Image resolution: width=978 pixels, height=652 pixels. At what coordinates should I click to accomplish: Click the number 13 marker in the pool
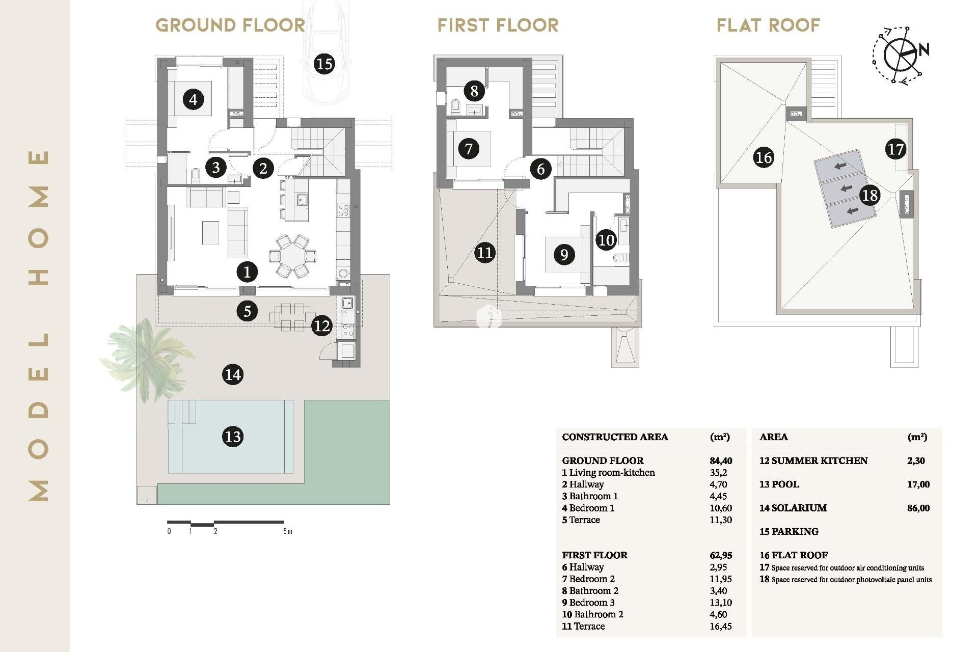point(233,437)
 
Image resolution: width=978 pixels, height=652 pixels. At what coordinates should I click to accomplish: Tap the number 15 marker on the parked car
point(324,64)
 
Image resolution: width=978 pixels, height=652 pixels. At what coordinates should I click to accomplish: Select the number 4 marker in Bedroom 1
point(193,99)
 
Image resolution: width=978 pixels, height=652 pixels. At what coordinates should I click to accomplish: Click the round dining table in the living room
point(292,256)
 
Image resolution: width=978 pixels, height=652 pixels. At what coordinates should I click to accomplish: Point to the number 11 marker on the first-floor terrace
point(484,253)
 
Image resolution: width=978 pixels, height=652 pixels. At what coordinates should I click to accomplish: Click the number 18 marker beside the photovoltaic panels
point(870,195)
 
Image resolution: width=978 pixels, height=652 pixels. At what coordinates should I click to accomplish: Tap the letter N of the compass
point(924,50)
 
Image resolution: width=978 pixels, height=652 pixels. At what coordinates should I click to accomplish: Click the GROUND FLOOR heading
point(230,25)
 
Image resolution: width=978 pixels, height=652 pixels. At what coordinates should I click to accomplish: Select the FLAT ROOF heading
point(768,25)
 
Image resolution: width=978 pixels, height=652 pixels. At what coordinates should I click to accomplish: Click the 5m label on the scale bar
point(288,531)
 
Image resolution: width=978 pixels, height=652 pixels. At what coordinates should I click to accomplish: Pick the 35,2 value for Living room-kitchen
point(718,472)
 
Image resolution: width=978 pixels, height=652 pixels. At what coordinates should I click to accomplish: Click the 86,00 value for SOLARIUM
point(918,508)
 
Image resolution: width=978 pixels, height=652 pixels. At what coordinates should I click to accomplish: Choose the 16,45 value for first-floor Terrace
point(720,626)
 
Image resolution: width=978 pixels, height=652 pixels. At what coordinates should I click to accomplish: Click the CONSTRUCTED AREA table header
point(615,437)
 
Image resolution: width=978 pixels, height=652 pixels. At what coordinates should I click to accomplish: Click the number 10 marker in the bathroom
point(606,240)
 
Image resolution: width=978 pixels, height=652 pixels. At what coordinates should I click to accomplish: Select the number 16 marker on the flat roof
point(764,157)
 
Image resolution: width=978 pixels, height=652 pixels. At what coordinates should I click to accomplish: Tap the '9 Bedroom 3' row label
point(588,602)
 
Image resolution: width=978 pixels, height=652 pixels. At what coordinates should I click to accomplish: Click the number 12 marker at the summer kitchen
point(321,325)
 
